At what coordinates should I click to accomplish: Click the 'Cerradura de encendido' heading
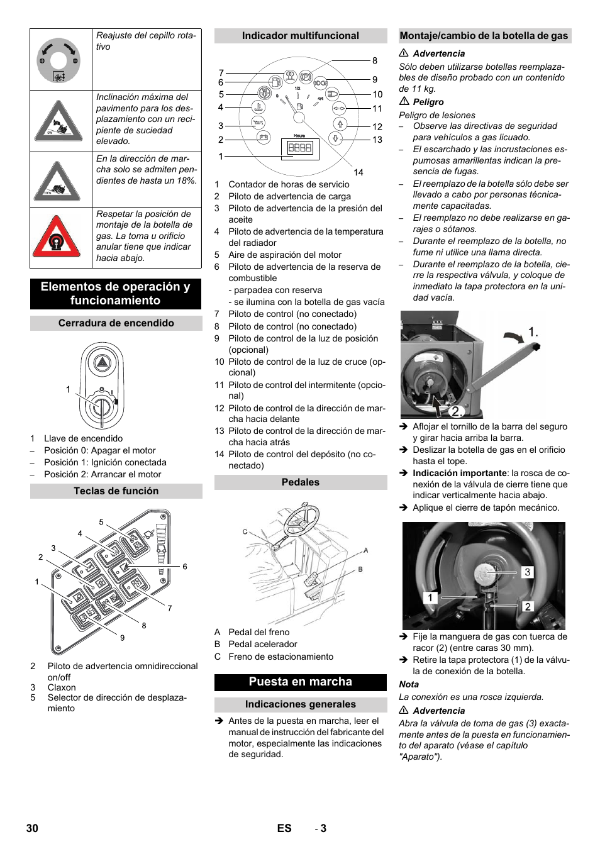[116, 323]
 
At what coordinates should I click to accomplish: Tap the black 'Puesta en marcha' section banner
[300, 682]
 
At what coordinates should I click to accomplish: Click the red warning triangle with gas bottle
[57, 237]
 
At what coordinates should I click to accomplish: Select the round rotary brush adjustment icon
[58, 60]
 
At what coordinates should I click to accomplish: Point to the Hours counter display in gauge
[299, 148]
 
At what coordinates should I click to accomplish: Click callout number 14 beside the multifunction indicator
[358, 172]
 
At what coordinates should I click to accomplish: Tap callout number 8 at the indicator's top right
[375, 60]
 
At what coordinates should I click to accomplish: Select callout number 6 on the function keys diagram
[185, 567]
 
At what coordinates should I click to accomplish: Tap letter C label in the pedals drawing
[245, 532]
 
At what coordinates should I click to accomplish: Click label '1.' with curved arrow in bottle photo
[533, 331]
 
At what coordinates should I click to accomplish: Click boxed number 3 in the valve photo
[527, 572]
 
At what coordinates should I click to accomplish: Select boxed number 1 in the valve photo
[430, 597]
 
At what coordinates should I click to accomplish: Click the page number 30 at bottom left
[32, 828]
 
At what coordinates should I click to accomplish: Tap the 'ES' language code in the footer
[284, 828]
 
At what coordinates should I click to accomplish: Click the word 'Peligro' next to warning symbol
[428, 102]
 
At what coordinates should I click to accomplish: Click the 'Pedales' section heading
[300, 482]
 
